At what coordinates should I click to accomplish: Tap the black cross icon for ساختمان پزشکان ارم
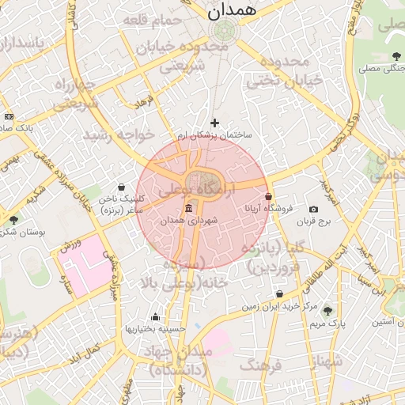[214, 123]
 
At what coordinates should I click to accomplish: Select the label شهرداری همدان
[188, 222]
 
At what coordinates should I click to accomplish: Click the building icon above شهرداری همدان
[188, 209]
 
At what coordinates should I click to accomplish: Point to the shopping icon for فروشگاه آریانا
[269, 196]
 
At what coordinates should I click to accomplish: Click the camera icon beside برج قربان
[314, 209]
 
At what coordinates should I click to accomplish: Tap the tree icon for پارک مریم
[327, 311]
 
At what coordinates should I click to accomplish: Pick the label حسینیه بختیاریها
[156, 327]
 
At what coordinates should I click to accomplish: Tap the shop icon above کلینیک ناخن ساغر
[120, 187]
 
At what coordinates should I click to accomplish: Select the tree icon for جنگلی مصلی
[396, 55]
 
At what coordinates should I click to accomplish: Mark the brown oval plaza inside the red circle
[202, 181]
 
